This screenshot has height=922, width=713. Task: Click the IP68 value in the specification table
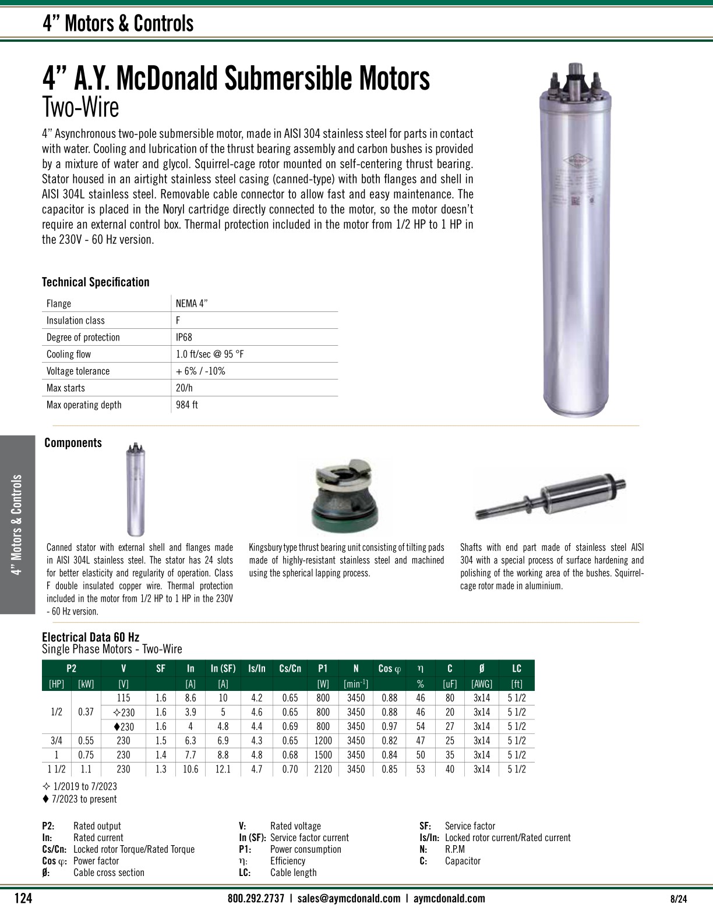(183, 338)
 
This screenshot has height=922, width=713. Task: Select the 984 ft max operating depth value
(186, 405)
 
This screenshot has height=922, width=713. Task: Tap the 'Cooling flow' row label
(69, 354)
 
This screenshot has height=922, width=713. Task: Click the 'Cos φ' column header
(390, 669)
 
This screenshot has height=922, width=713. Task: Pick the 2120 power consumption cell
(323, 769)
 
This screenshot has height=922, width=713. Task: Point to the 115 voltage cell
(123, 698)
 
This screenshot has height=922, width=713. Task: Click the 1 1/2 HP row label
(57, 769)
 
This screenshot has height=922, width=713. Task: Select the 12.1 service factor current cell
(223, 769)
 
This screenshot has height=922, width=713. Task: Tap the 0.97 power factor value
(389, 726)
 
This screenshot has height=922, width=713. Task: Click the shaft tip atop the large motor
(577, 69)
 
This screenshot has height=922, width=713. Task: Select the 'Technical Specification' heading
(96, 282)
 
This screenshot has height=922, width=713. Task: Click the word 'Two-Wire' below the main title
(80, 108)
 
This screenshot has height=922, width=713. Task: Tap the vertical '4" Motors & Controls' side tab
(17, 524)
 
